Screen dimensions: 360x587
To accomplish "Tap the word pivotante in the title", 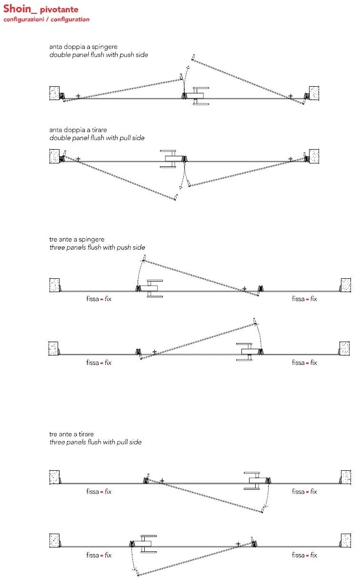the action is (x=59, y=10).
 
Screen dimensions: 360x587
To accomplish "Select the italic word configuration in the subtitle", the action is (x=70, y=20).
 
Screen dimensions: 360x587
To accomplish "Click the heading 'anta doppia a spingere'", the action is (x=83, y=47).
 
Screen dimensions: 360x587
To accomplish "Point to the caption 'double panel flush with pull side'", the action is (x=97, y=138).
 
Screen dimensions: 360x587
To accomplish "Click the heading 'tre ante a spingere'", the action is (x=77, y=240).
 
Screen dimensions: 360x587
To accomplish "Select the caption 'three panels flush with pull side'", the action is (x=95, y=442).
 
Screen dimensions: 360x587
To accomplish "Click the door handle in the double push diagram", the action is (x=199, y=96).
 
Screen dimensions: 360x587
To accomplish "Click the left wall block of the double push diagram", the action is (x=54, y=93).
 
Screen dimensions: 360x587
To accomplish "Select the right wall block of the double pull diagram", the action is (x=314, y=156).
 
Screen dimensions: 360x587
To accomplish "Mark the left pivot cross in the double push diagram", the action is (x=78, y=96).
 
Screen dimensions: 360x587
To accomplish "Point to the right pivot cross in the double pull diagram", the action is (x=290, y=159).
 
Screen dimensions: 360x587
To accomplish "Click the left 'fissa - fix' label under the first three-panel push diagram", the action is (x=99, y=299).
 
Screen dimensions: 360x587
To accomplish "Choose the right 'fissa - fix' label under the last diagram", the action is (x=304, y=555).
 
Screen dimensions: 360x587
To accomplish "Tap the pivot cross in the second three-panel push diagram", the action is (x=154, y=352).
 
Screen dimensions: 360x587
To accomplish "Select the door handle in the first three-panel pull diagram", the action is (x=255, y=481).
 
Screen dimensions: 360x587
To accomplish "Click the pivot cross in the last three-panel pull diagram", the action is (x=238, y=544).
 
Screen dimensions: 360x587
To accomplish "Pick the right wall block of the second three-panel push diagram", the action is (x=345, y=348).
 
